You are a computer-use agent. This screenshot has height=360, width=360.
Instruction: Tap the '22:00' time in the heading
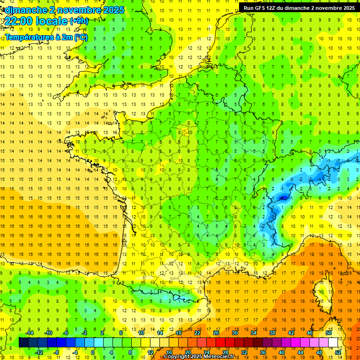tap(20, 21)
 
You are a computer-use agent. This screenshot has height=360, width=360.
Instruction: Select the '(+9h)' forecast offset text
tap(78, 21)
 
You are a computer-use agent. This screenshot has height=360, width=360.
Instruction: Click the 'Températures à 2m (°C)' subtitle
tap(45, 37)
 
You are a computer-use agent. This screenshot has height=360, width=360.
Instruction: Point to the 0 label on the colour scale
tap(93, 352)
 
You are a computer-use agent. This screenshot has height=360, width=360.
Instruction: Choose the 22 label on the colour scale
tap(197, 333)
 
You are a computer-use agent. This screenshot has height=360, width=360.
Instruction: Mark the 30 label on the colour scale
tap(235, 333)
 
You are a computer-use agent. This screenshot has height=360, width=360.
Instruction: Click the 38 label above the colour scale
tap(272, 333)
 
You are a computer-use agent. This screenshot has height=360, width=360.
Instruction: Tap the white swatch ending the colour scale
tap(333, 343)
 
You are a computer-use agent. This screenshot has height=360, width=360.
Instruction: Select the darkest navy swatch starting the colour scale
tap(23, 343)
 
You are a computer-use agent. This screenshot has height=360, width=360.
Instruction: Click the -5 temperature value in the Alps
tap(283, 197)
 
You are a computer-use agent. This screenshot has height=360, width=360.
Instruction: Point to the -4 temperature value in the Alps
tap(319, 179)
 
